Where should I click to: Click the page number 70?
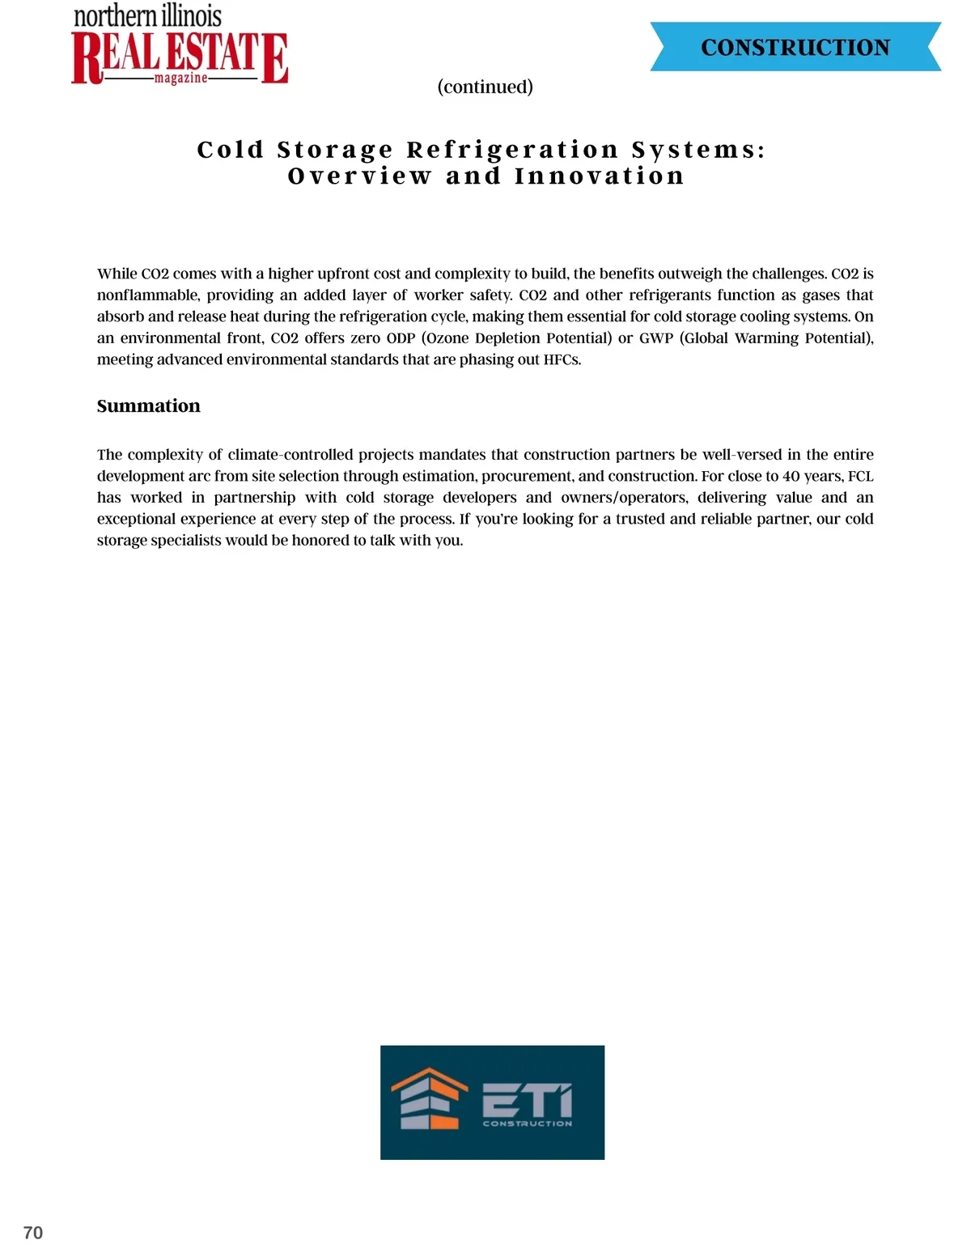[x=33, y=1233]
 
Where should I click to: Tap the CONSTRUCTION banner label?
[x=795, y=48]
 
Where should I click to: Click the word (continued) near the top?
[x=485, y=87]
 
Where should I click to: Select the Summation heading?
[x=148, y=406]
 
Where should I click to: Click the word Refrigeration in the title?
[x=512, y=150]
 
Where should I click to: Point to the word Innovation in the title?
[x=599, y=176]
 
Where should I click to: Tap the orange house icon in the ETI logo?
[x=430, y=1098]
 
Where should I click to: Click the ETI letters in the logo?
[x=527, y=1101]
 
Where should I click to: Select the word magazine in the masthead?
[x=180, y=79]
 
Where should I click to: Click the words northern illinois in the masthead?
[x=147, y=17]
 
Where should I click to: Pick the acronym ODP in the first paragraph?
[x=401, y=338]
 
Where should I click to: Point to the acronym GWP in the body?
[x=655, y=338]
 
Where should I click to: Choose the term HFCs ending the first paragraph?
[x=562, y=359]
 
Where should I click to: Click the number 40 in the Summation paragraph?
[x=791, y=476]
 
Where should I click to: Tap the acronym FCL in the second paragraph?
[x=860, y=476]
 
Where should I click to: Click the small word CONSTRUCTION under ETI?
[x=527, y=1123]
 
